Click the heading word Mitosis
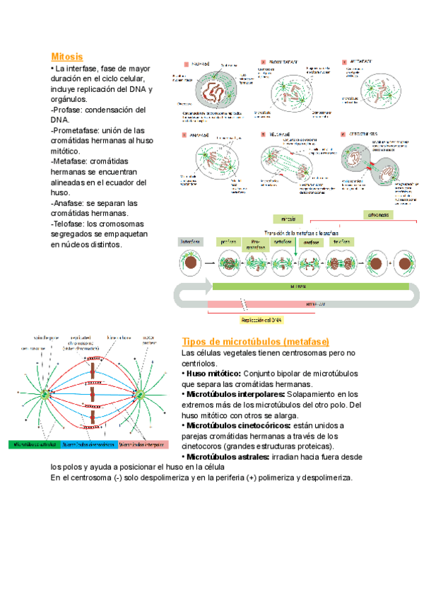pos(67,56)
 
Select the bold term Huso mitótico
pos(214,373)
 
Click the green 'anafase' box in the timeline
pos(311,242)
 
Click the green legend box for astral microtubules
pos(34,445)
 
